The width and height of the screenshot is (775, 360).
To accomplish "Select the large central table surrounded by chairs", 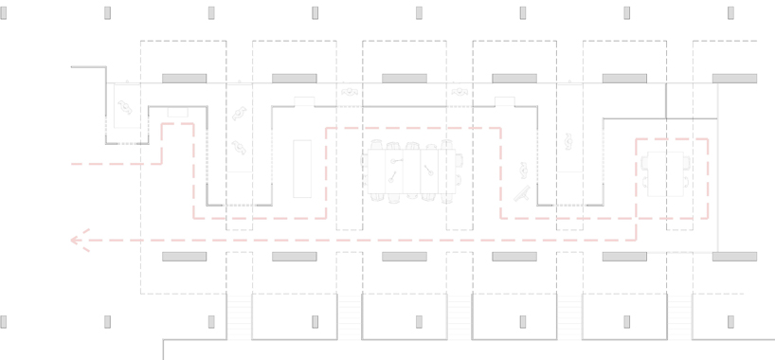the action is pos(411,171).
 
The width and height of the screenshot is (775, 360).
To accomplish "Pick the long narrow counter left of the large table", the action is pos(302,169).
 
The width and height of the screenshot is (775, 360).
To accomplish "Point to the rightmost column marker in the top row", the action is pos(730,13).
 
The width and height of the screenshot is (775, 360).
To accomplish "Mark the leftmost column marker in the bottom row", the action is pos(4,322).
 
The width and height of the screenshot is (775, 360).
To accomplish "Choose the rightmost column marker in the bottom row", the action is pos(730,322).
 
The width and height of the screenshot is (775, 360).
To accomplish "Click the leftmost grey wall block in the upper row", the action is pos(184,79).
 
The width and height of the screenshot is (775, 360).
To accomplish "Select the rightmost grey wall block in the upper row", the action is pos(734,79).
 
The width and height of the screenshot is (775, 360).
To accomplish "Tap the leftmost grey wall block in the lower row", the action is pos(184,257).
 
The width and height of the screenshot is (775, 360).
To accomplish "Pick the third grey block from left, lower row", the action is pos(405,257).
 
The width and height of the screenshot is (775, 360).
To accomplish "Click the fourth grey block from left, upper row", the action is pos(514,79).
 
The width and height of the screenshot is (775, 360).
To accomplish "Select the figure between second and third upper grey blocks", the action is pos(350,93).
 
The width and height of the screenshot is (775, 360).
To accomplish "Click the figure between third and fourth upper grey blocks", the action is pos(460,93).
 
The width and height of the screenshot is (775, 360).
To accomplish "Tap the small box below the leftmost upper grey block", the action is pos(177,112).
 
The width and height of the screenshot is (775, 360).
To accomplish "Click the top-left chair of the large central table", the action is pos(378,146).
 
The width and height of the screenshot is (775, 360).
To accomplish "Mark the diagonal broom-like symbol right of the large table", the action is pos(522,196).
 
